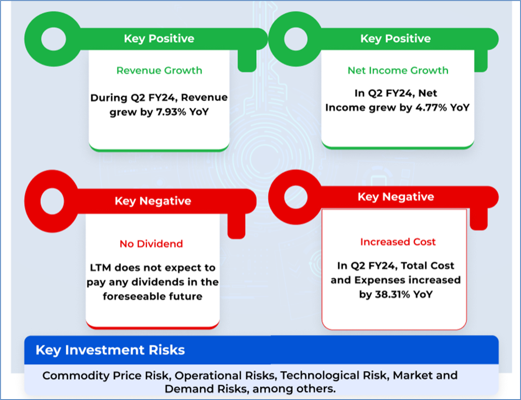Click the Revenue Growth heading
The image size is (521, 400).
coord(159,70)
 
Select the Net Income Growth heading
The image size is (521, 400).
coord(398,70)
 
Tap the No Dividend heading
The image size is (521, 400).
coord(151,244)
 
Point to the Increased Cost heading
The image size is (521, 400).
coord(398,242)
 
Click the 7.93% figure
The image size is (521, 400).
coord(171,112)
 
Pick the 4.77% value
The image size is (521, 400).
coord(431,107)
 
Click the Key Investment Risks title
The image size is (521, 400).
coord(110,350)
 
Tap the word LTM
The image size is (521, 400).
coord(101,268)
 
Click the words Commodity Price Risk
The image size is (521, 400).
coord(107,375)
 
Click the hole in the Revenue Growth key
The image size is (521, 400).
coord(54,39)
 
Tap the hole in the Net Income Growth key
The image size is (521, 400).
coord(296,39)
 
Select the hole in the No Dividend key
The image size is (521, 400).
coord(52,201)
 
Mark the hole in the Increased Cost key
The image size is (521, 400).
coord(296,197)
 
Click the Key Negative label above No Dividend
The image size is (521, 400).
coord(153,201)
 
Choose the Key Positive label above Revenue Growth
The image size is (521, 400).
coord(159,38)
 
